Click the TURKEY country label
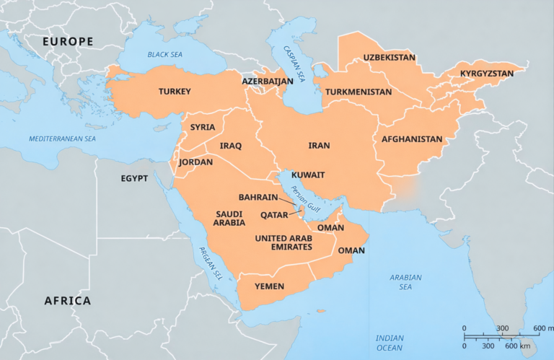click(175, 92)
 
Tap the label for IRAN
click(319, 146)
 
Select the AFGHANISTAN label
click(412, 139)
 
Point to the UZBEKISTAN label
click(390, 57)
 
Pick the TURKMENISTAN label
click(359, 92)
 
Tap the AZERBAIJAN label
click(267, 81)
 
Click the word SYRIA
click(202, 127)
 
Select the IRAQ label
click(231, 146)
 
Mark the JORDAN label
click(196, 162)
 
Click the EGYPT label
click(134, 178)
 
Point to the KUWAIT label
click(308, 175)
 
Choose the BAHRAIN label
click(258, 197)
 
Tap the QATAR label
click(275, 214)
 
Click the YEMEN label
click(269, 286)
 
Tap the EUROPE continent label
click(68, 41)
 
